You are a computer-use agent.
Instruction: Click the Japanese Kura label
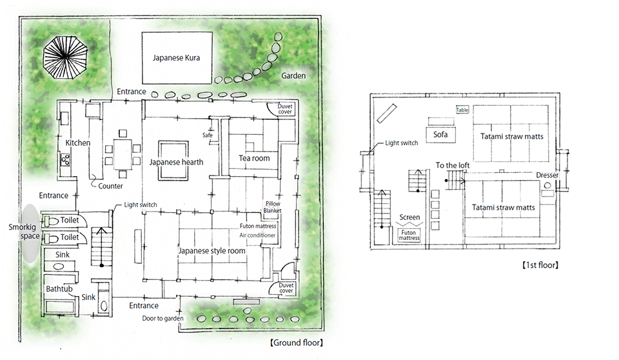click(x=176, y=57)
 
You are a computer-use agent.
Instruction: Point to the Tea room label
click(x=254, y=158)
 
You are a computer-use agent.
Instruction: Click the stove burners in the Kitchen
click(x=65, y=159)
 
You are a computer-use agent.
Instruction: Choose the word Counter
click(x=110, y=186)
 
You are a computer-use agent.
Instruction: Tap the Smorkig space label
click(x=24, y=232)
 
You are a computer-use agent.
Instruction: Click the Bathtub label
click(x=59, y=289)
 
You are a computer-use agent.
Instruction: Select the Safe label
click(x=207, y=135)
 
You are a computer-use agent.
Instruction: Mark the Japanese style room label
click(x=211, y=250)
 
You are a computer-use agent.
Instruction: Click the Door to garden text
click(x=162, y=318)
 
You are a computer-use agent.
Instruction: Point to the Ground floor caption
click(x=297, y=343)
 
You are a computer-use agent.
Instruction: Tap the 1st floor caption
click(x=540, y=265)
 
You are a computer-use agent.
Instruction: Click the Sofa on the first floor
click(x=440, y=134)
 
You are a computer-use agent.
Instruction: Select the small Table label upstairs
click(x=462, y=110)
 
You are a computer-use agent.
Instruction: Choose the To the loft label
click(x=453, y=165)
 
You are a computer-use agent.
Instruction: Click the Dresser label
click(x=547, y=175)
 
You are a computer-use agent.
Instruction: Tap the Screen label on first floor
click(x=409, y=217)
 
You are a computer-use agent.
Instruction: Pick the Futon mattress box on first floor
click(x=409, y=235)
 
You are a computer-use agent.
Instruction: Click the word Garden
click(x=293, y=75)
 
